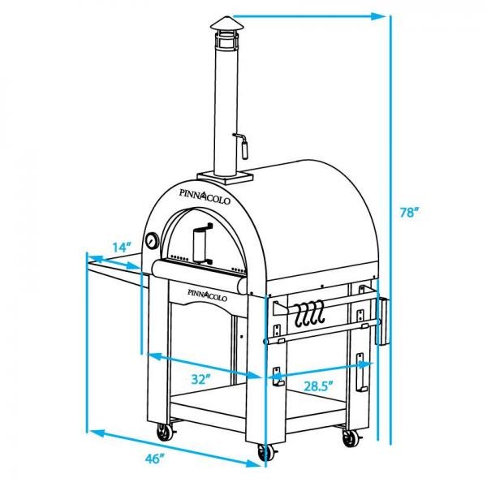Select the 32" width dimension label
click(x=202, y=378)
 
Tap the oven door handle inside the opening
click(x=201, y=243)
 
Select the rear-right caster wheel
click(x=351, y=438)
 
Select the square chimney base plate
click(x=222, y=175)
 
